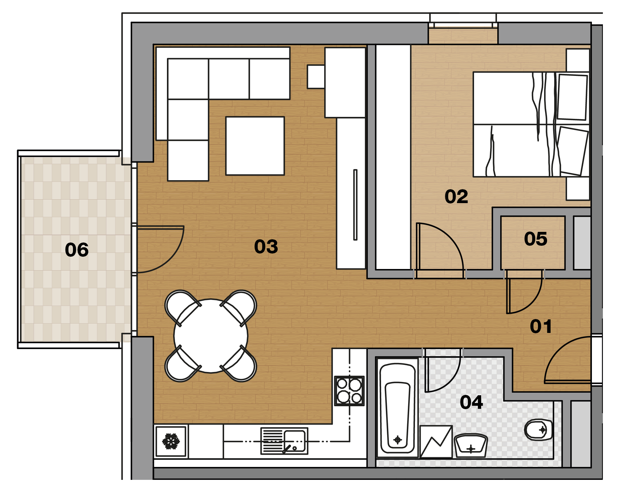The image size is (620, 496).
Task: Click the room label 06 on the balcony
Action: coord(77,250)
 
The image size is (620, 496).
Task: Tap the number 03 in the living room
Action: coord(266,246)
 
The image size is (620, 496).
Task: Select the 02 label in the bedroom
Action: coord(456,196)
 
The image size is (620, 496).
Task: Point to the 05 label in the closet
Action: coord(536,239)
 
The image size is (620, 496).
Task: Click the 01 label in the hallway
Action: coord(541,326)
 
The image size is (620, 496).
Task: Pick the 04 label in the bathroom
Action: coord(471,402)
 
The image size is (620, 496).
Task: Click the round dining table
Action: coord(211,336)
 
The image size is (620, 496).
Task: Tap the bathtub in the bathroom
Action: coord(398,408)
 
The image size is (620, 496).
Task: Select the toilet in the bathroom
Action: coord(538,430)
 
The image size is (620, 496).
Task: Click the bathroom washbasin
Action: coord(470,446)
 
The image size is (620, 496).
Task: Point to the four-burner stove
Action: coord(349,391)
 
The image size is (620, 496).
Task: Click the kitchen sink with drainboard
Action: coord(284,441)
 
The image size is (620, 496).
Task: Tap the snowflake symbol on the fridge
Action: coord(171,441)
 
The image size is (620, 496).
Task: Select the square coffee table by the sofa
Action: coord(255,146)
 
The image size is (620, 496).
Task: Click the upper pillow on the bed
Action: coord(572,97)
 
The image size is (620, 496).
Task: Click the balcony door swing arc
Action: coord(171,258)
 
